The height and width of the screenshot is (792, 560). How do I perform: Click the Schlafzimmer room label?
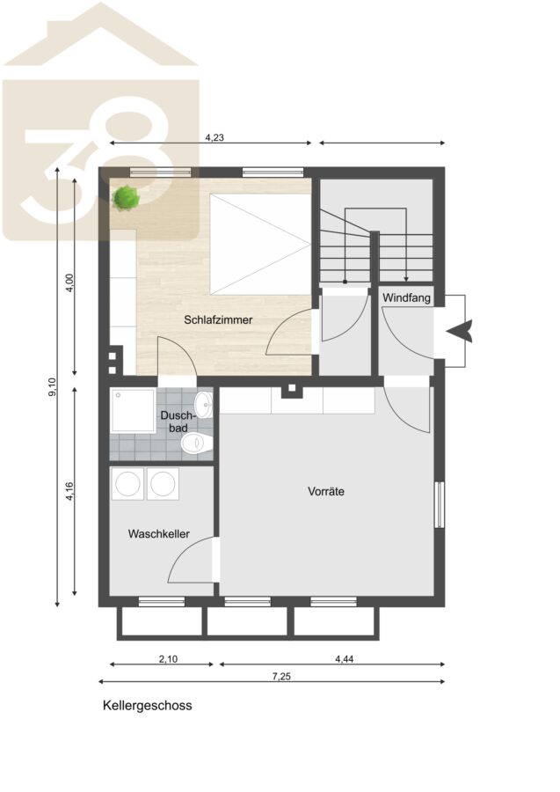pos(218,319)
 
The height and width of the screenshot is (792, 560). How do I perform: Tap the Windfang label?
pos(406,297)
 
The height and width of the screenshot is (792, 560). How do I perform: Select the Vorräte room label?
pos(326,491)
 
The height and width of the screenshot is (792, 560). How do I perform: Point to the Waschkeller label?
pos(158,534)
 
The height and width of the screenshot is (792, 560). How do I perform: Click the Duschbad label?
pos(177,422)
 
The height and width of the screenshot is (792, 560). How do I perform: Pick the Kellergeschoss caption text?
pos(148,705)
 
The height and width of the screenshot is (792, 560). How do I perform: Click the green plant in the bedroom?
pos(126,197)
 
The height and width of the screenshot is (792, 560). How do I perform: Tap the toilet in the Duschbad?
pos(197,443)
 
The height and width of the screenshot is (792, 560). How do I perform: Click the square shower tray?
pos(133,411)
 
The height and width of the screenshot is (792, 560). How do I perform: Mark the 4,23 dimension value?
pos(214,137)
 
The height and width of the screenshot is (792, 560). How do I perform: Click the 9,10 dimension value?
pos(53,386)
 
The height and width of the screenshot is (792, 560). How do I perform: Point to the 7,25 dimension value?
pos(281,677)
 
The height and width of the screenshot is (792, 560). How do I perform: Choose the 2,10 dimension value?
pos(168,658)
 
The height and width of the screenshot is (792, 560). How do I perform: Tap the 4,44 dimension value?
pos(344,658)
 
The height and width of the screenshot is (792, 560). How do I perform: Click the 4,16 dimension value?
pos(69,491)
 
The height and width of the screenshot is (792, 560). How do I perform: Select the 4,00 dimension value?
pos(69,282)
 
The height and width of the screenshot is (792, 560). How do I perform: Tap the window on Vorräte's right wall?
pos(440,504)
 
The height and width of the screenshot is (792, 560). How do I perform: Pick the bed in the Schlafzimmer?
pos(260,244)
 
